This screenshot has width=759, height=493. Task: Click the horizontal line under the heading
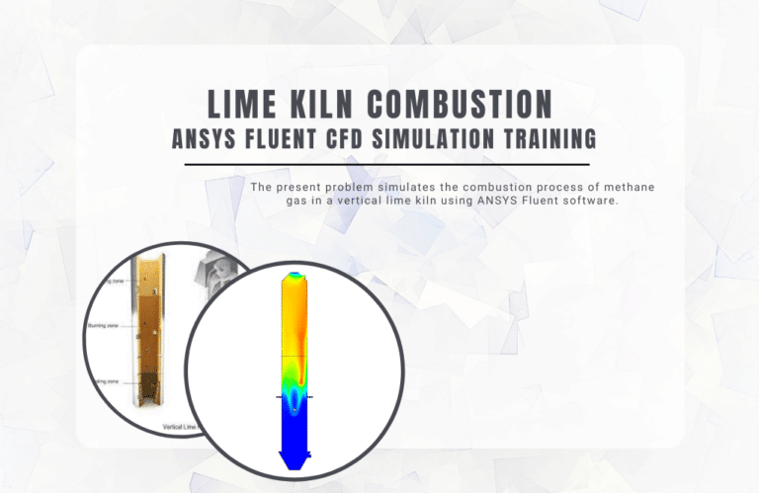click(x=379, y=164)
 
